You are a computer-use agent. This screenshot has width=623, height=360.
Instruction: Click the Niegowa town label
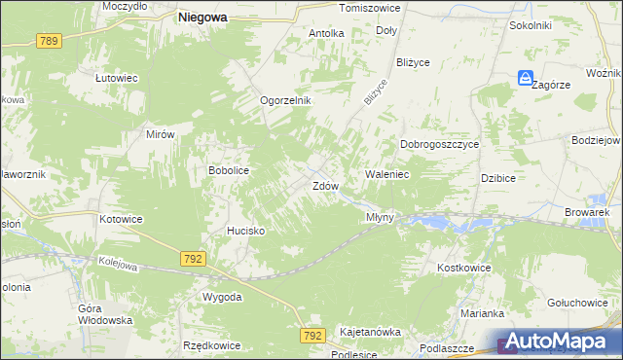[202, 17]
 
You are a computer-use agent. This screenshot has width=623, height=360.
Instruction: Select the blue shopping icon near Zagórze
[526, 79]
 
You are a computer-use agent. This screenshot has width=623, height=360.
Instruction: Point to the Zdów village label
[325, 185]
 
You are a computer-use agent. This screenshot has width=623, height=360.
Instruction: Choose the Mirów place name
[160, 135]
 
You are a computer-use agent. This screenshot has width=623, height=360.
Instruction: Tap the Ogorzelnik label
[284, 100]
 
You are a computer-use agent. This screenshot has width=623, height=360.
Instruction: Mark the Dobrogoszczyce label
[440, 144]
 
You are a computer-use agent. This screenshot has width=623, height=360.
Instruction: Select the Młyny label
[380, 217]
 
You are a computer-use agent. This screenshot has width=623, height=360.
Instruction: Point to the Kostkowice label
[464, 267]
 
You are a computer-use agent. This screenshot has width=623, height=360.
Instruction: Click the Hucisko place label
[246, 231]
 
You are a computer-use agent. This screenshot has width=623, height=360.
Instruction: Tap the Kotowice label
[121, 219]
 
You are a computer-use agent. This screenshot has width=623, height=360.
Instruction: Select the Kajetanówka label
[370, 332]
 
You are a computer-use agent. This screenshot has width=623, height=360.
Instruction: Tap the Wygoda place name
[221, 296]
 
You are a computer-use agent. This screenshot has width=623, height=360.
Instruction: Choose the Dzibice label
[497, 178]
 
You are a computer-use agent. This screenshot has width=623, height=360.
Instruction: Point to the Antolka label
[326, 33]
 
